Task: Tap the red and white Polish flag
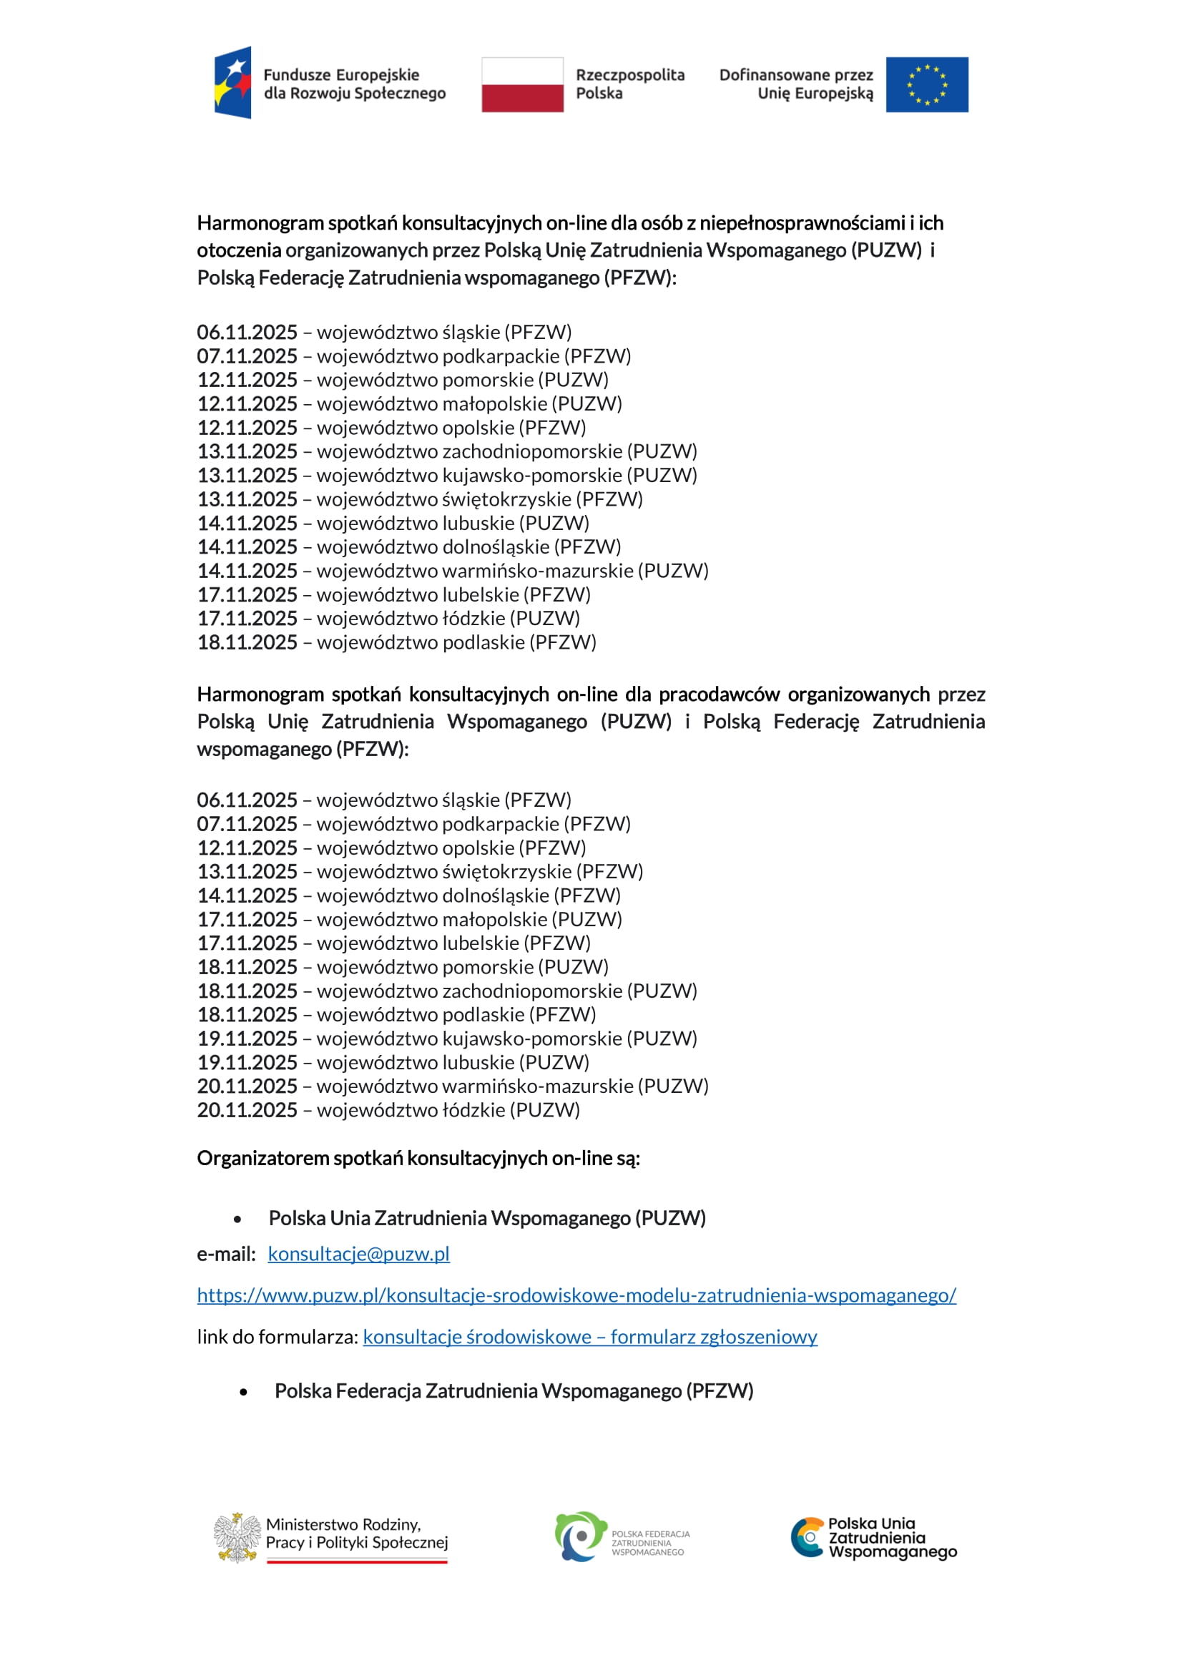click(522, 84)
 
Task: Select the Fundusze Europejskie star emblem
click(233, 82)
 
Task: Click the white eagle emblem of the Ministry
click(237, 1538)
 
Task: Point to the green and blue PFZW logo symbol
click(581, 1536)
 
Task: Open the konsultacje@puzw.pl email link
click(358, 1253)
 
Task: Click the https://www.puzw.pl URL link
click(576, 1295)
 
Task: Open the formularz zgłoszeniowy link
click(590, 1336)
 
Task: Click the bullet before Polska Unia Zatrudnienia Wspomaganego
click(237, 1218)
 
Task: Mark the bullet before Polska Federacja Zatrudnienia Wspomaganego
click(243, 1392)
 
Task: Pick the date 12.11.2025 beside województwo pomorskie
click(247, 380)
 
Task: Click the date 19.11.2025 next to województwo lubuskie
click(247, 1062)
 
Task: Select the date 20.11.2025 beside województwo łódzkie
click(247, 1110)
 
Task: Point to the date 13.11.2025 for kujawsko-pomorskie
click(247, 475)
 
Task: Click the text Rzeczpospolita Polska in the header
click(629, 84)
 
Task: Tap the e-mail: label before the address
click(226, 1253)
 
